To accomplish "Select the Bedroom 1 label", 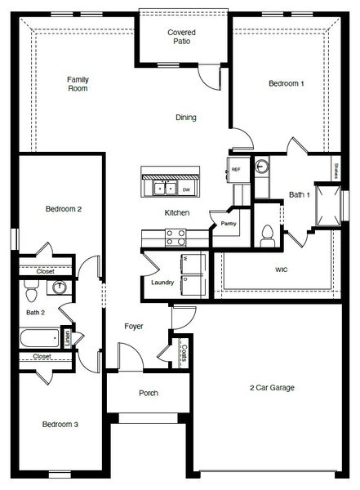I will (x=287, y=83).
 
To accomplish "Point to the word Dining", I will (x=186, y=118).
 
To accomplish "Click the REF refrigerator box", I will (x=236, y=170).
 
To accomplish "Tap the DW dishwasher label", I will (x=186, y=189).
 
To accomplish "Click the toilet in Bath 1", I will (x=266, y=236).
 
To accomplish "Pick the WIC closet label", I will (x=282, y=269).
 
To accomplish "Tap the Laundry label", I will (x=162, y=283).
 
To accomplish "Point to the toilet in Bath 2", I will (x=31, y=289).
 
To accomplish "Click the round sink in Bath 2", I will (x=59, y=287).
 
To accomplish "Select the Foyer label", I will (x=134, y=327).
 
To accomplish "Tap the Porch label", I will (x=149, y=393).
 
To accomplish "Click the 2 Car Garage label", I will (x=272, y=387).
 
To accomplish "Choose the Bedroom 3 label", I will (x=60, y=425).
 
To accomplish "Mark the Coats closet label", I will (x=185, y=352).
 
